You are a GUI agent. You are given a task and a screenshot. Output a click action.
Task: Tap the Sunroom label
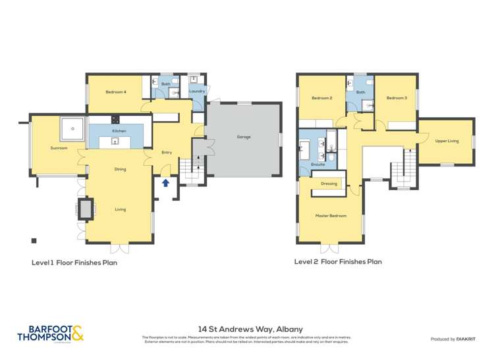pos(59,148)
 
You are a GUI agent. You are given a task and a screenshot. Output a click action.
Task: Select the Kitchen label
pos(119,131)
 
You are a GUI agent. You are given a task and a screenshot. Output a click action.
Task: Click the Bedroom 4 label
pos(116,92)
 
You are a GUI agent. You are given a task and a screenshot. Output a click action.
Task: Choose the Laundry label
pos(197,91)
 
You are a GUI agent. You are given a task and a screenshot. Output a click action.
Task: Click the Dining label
pos(120,169)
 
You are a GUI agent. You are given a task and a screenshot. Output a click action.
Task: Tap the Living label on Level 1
pos(120,209)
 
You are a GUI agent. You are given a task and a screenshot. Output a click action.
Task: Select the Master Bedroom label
pos(331,215)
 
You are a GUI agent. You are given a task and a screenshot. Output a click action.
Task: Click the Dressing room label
pos(329,184)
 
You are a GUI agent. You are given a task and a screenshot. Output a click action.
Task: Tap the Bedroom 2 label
pos(321,98)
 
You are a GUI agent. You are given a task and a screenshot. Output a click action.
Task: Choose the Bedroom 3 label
pos(396,98)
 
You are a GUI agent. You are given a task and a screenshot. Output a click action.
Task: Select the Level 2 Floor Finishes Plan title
pos(338,261)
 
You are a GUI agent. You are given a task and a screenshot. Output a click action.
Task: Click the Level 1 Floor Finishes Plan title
pos(74,262)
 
